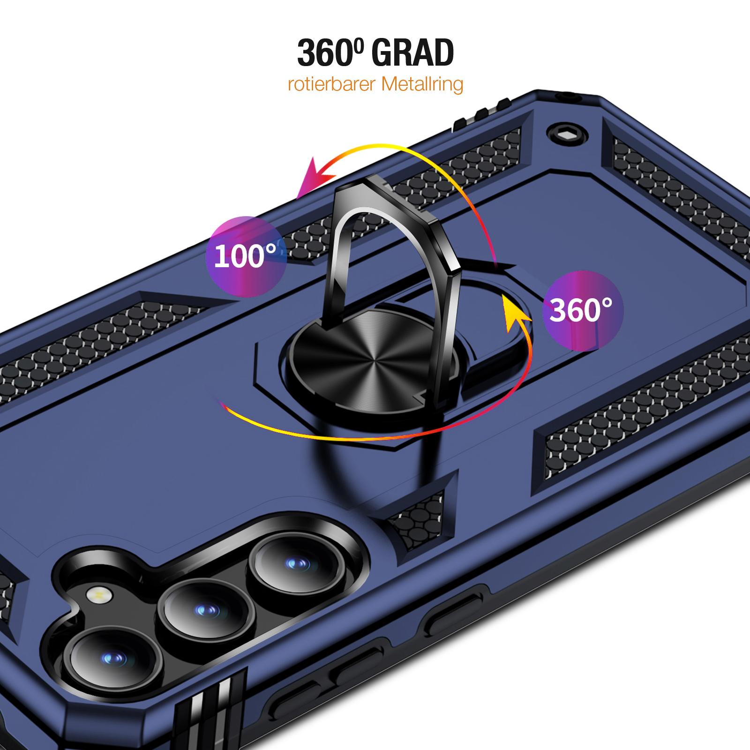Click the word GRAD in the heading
413,52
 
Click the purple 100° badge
246,256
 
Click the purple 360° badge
583,310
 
